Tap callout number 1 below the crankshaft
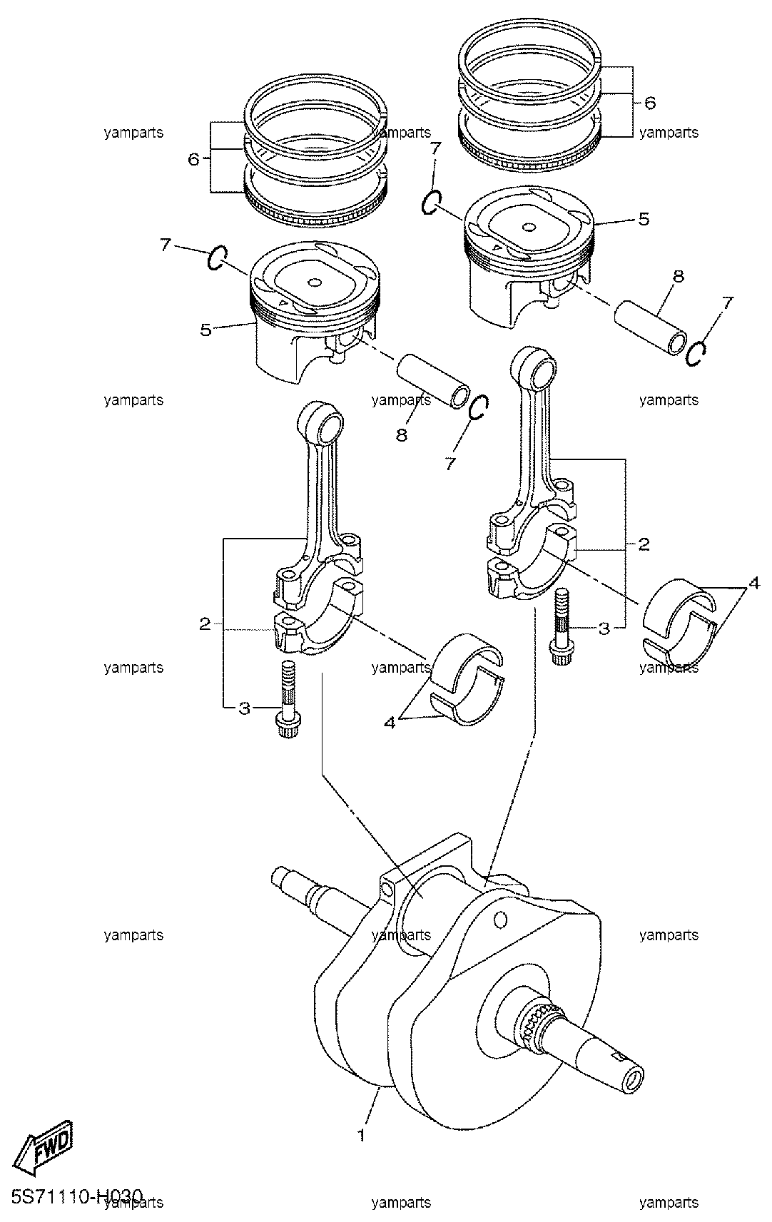[x=360, y=1135]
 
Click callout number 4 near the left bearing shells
[x=389, y=723]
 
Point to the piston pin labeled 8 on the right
[x=651, y=327]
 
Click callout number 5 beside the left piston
[x=205, y=330]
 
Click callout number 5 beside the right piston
[x=644, y=219]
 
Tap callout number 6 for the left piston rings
[x=193, y=160]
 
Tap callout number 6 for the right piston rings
[x=650, y=103]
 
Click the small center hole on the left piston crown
[x=315, y=282]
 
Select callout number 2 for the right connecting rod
[x=644, y=544]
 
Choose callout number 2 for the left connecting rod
[x=205, y=624]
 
